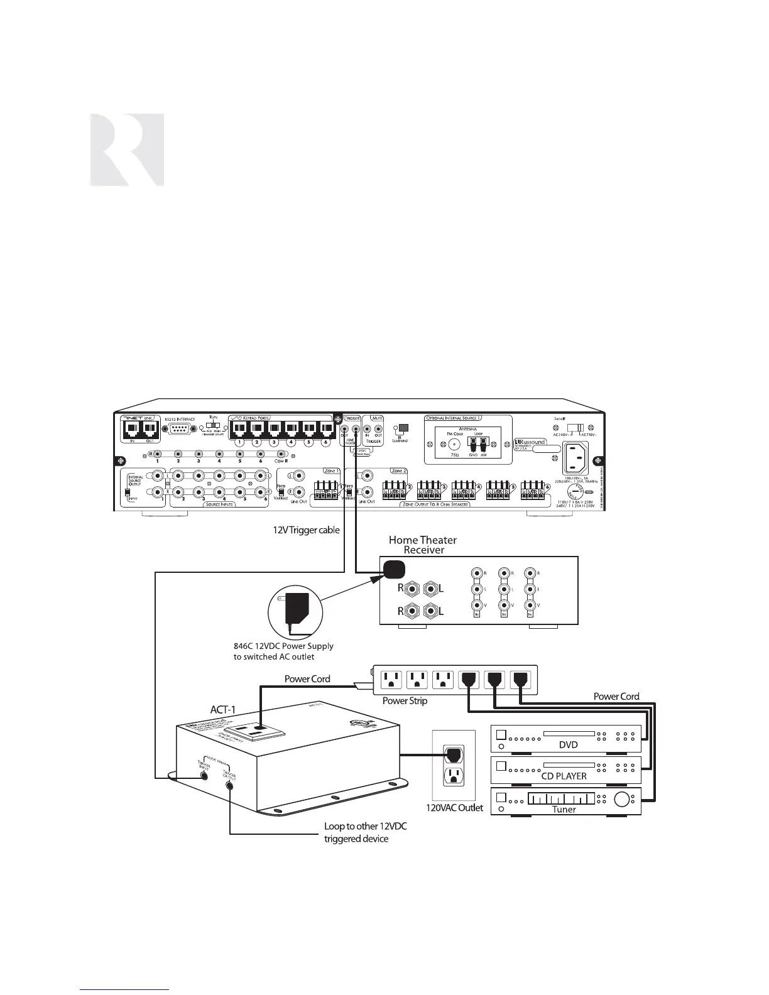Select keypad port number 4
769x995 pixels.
point(291,430)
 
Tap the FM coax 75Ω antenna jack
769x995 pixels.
point(450,442)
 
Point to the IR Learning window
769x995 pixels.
point(403,428)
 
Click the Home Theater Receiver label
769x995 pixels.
point(423,545)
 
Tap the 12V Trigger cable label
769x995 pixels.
point(305,530)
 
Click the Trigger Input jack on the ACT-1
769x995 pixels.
point(204,775)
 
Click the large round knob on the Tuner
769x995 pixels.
point(623,801)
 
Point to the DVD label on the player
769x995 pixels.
point(567,745)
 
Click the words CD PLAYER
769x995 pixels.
point(564,776)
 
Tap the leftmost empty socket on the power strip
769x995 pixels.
point(392,678)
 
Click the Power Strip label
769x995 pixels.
point(405,700)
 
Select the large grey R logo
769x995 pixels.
point(126,150)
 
